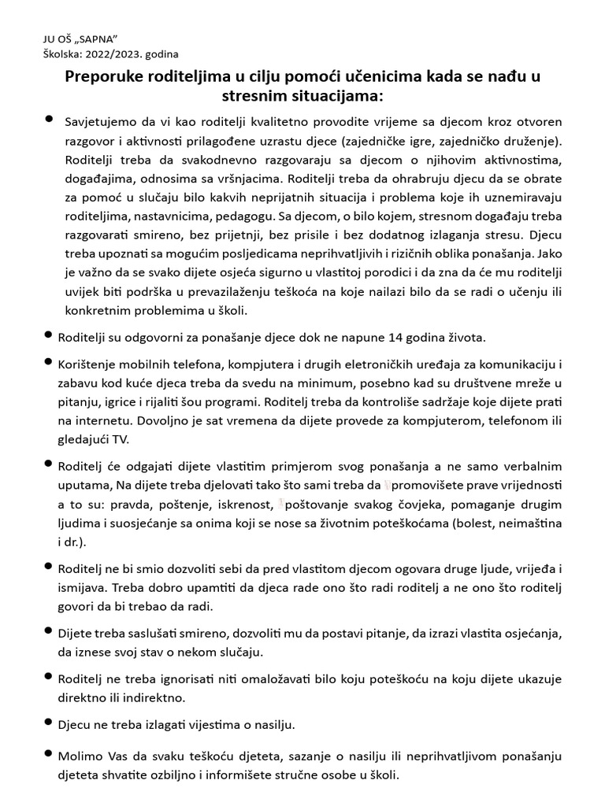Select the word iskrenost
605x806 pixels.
243,502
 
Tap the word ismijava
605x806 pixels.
82,587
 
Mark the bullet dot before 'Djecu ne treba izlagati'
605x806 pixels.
49,722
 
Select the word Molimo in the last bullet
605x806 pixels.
79,756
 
